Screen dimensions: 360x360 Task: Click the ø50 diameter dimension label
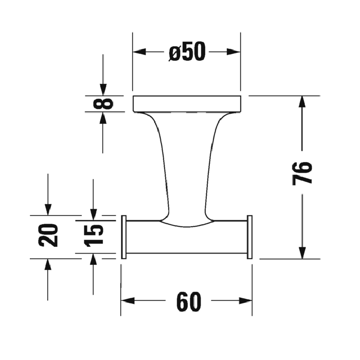pos(187,51)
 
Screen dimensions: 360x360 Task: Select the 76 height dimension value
pos(303,173)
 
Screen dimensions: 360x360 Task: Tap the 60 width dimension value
pos(188,301)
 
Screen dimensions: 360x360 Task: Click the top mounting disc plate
pos(187,103)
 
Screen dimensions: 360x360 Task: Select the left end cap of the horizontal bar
pos(123,237)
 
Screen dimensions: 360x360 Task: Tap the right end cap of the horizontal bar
pos(250,237)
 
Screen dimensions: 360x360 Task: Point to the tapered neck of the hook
pos(187,165)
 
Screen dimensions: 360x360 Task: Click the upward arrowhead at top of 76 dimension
pos(303,102)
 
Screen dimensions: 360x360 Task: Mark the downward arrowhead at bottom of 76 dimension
pos(303,253)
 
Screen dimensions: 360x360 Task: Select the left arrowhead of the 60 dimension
pos(128,301)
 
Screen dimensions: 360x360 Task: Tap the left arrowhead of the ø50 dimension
pos(139,51)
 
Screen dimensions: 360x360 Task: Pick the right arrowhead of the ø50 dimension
pos(234,51)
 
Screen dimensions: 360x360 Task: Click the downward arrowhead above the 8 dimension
pos(103,89)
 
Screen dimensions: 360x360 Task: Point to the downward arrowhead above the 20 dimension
pos(48,209)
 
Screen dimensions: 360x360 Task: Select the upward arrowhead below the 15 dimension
pos(93,260)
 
